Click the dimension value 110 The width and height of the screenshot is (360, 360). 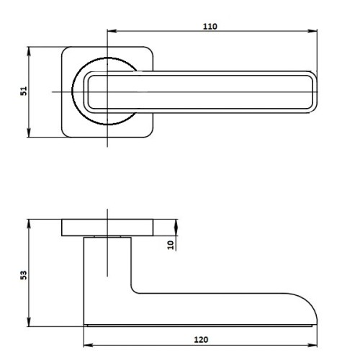coord(210,25)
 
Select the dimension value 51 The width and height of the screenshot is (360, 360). coord(23,91)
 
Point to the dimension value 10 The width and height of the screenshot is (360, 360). coord(171,244)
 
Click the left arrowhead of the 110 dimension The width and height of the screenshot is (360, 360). coord(109,31)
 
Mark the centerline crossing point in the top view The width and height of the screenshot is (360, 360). coord(107,91)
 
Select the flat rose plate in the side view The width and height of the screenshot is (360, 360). coord(108,227)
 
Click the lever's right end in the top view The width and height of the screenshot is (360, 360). coord(314,91)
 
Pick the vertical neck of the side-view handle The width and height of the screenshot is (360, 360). coord(108,274)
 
